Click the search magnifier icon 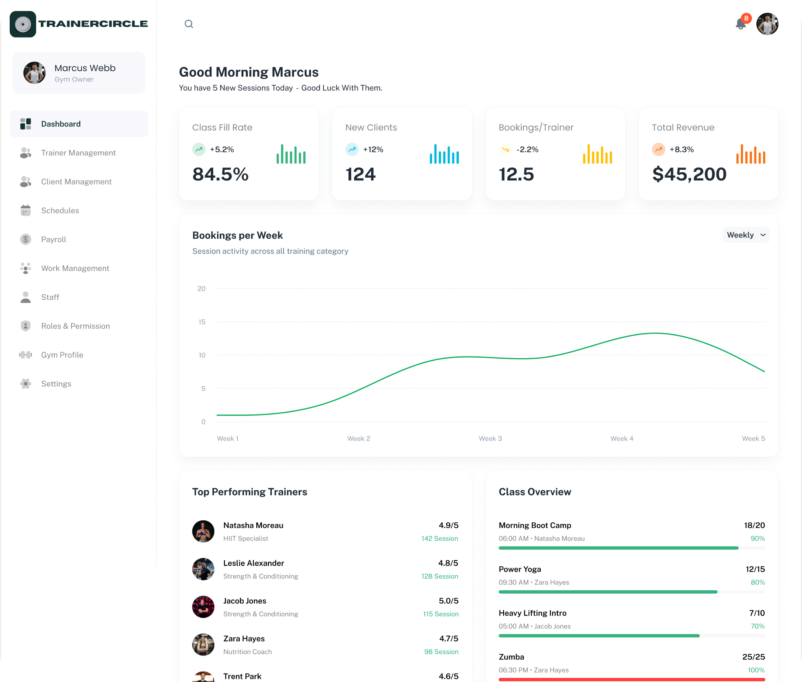[189, 24]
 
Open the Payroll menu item [53, 240]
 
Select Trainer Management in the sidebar [78, 153]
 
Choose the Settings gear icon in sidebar [26, 384]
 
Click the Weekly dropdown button [746, 235]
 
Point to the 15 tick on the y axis [202, 322]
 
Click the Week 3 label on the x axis [490, 438]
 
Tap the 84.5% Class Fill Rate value [220, 174]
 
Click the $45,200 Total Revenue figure [689, 174]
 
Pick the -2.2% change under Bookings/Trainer [527, 150]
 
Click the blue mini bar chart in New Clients [444, 154]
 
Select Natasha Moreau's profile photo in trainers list [203, 531]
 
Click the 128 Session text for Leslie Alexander [440, 576]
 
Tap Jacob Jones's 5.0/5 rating [449, 601]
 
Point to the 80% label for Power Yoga [758, 583]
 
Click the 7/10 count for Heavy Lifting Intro [757, 613]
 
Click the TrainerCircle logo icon [23, 24]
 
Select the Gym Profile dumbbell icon [26, 355]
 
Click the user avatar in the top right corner [767, 24]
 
